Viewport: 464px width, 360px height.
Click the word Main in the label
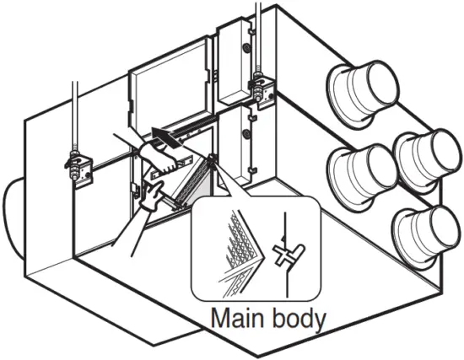(x=236, y=320)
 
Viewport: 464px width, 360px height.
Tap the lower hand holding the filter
(x=153, y=195)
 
